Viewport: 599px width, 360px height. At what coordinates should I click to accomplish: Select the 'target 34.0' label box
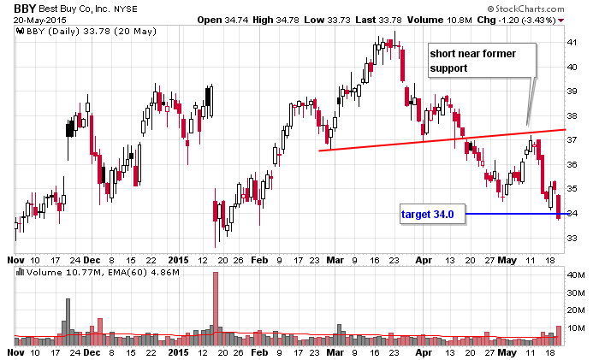(x=432, y=214)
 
